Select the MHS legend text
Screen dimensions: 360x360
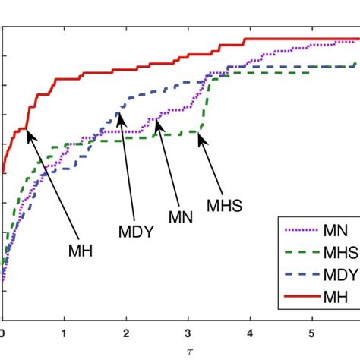tap(340, 252)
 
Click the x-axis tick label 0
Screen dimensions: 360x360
tap(2, 332)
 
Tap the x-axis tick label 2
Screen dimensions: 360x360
tap(127, 332)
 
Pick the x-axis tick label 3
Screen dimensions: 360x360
tap(189, 332)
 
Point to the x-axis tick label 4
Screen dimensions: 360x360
tap(251, 332)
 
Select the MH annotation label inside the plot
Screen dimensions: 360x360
tap(79, 251)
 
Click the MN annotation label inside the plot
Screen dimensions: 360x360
tap(181, 217)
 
